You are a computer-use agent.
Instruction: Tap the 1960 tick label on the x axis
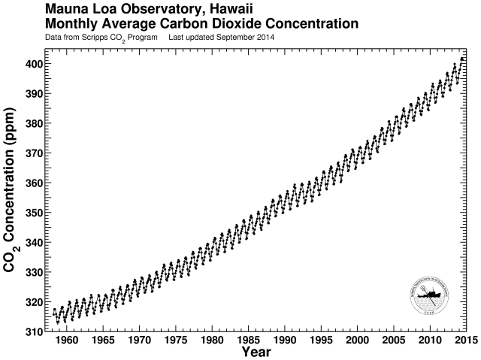[66, 340]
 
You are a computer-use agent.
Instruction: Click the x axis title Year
[256, 352]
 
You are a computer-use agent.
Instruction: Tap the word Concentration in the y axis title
[13, 184]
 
